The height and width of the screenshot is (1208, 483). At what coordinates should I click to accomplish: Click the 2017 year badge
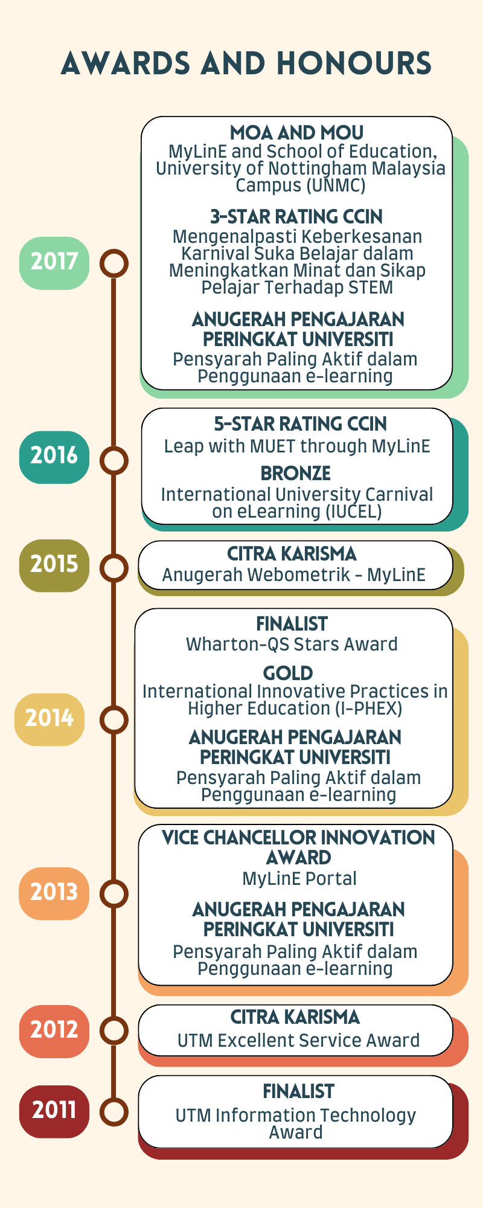click(54, 263)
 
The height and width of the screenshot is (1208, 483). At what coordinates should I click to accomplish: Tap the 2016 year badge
click(54, 457)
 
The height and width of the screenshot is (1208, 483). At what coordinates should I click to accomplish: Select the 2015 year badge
click(54, 565)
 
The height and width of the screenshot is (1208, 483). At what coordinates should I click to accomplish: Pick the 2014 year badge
click(50, 719)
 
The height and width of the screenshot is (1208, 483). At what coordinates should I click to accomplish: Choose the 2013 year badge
click(54, 893)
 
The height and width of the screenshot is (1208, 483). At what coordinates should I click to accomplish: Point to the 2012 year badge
click(54, 1031)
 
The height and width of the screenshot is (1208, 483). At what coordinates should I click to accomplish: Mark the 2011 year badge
click(54, 1111)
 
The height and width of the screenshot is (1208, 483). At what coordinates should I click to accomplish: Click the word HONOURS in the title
click(354, 63)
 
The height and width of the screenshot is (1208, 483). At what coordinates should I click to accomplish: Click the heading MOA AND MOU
click(297, 133)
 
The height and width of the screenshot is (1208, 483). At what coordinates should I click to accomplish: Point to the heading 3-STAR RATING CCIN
click(296, 217)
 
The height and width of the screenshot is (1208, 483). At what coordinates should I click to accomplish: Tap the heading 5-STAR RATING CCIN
click(300, 424)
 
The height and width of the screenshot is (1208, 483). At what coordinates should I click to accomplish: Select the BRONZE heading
click(296, 474)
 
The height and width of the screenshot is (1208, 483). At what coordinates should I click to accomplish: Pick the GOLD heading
click(288, 673)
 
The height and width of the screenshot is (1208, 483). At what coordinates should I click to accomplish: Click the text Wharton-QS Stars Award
click(292, 644)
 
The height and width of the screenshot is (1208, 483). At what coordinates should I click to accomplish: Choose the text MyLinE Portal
click(299, 879)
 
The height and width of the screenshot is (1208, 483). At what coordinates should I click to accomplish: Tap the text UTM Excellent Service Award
click(298, 1041)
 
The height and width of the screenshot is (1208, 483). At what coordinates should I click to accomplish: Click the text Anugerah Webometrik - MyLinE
click(294, 575)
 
